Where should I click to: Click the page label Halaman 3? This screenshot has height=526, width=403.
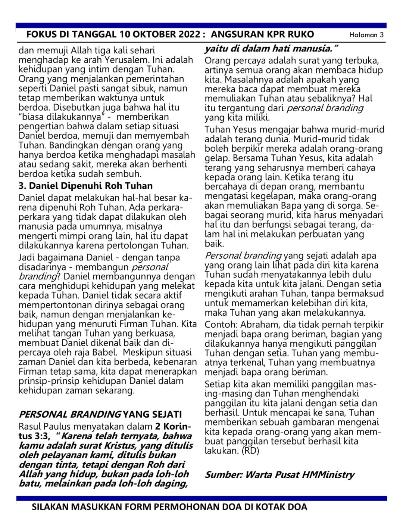pyautogui.click(x=366, y=35)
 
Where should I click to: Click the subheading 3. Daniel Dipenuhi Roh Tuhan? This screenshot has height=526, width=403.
pyautogui.click(x=85, y=186)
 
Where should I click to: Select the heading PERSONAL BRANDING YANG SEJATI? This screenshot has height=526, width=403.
pyautogui.click(x=100, y=414)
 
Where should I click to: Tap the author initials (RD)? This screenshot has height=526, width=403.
pyautogui.click(x=250, y=451)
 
